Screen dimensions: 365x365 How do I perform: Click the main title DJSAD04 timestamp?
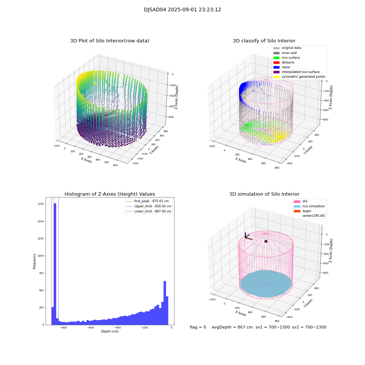[182, 10]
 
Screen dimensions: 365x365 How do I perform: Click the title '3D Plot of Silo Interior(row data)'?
[109, 41]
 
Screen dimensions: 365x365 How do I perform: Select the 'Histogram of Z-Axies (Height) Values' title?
[109, 194]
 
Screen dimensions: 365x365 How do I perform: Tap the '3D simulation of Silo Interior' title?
[264, 194]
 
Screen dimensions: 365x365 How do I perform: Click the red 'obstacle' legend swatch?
[276, 62]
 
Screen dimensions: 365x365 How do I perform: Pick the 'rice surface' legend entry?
[291, 58]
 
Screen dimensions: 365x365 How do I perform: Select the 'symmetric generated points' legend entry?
[303, 77]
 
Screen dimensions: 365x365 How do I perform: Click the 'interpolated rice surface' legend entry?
[300, 72]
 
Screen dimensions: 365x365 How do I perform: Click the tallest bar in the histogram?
[55, 263]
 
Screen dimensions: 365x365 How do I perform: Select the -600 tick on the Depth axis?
[91, 328]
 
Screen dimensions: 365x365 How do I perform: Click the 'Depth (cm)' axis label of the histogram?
[109, 331]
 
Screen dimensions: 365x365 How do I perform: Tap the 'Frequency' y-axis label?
[34, 261]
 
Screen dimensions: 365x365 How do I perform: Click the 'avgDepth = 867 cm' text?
[232, 327]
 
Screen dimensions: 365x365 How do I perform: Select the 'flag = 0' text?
[198, 327]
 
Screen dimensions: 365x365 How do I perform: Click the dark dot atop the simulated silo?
[266, 241]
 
